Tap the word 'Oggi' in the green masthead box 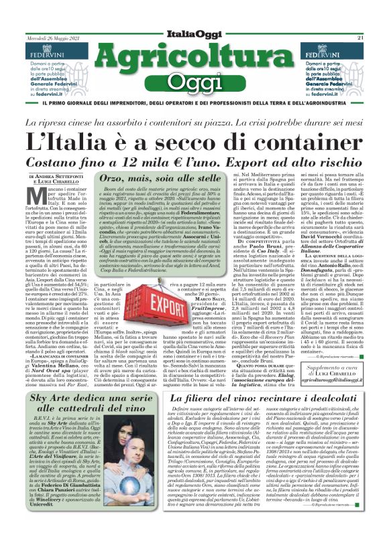point(194,88)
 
